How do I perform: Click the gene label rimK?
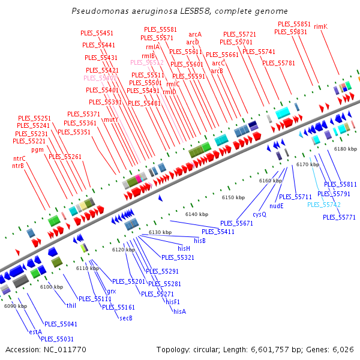pos(320,26)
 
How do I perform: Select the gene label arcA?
pos(195,35)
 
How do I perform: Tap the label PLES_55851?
pos(294,24)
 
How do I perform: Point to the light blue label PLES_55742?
pos(324,205)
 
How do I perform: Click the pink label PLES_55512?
pos(147,62)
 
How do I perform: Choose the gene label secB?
pos(125,317)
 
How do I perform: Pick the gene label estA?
pos(35,331)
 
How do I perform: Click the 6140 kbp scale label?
pos(196,214)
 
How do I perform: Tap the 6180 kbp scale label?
pos(345,149)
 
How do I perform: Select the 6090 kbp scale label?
pos(15,306)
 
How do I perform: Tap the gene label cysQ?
pos(259,214)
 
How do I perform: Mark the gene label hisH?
pos(184,248)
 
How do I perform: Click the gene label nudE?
pos(277,205)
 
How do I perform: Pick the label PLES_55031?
pos(57,339)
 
